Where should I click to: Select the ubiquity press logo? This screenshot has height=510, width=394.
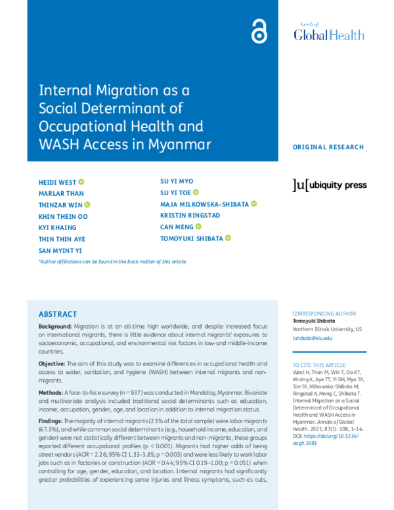click(330, 185)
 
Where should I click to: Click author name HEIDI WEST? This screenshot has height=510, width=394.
click(57, 181)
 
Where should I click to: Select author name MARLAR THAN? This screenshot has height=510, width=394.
click(62, 193)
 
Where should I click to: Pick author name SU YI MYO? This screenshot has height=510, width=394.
click(177, 181)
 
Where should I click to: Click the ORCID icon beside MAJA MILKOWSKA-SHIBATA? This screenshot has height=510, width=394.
click(253, 204)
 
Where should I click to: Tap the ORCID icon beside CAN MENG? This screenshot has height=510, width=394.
click(198, 227)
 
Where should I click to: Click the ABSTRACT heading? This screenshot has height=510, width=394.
click(58, 314)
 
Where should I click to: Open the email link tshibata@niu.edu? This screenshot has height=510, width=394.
click(313, 338)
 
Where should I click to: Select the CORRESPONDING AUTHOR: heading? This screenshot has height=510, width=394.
click(325, 314)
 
